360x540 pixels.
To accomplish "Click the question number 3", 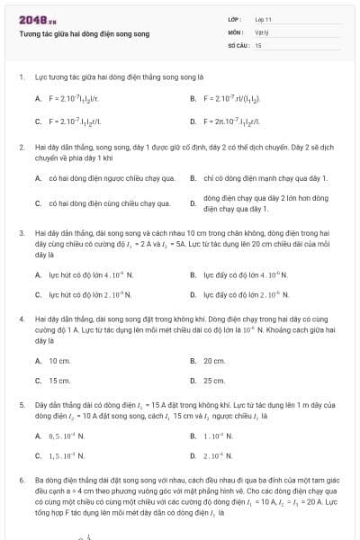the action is tap(21, 232).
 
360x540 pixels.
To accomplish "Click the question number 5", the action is tap(21, 406).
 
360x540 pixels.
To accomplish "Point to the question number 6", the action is tap(21, 481).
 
